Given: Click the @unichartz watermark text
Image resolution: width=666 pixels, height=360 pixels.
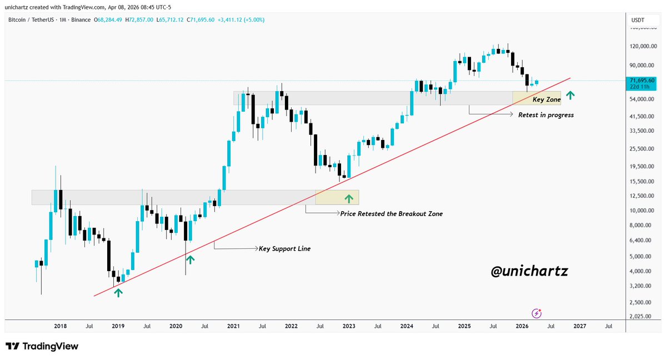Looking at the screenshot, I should point(529,272).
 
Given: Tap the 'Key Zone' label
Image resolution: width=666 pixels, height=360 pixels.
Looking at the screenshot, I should point(547,100).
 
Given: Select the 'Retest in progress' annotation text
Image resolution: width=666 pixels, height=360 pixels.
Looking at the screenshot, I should point(545,115).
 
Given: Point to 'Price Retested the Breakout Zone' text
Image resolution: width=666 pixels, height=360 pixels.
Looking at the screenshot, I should point(391,213).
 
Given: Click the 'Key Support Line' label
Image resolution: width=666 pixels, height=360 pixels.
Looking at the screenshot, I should point(284,249).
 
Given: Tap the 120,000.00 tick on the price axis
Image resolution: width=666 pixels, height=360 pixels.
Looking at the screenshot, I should point(638,47).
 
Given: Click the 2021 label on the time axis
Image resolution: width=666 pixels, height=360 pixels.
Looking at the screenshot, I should point(233,327).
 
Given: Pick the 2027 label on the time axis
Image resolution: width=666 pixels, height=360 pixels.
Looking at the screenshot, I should point(579,327).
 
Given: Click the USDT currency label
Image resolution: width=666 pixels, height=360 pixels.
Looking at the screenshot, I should point(638,21).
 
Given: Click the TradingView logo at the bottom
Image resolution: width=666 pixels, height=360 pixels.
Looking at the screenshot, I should point(42,346).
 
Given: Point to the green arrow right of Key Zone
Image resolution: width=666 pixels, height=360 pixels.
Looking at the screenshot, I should point(570,95).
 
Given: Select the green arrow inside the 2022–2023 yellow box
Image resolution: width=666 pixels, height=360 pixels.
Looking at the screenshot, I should point(349,197).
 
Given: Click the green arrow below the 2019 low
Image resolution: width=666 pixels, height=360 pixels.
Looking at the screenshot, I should point(118,292).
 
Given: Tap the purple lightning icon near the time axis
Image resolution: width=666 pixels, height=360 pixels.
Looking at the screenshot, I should point(537,313).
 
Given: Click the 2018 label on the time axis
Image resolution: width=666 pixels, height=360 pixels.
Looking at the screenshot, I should point(60,327).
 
